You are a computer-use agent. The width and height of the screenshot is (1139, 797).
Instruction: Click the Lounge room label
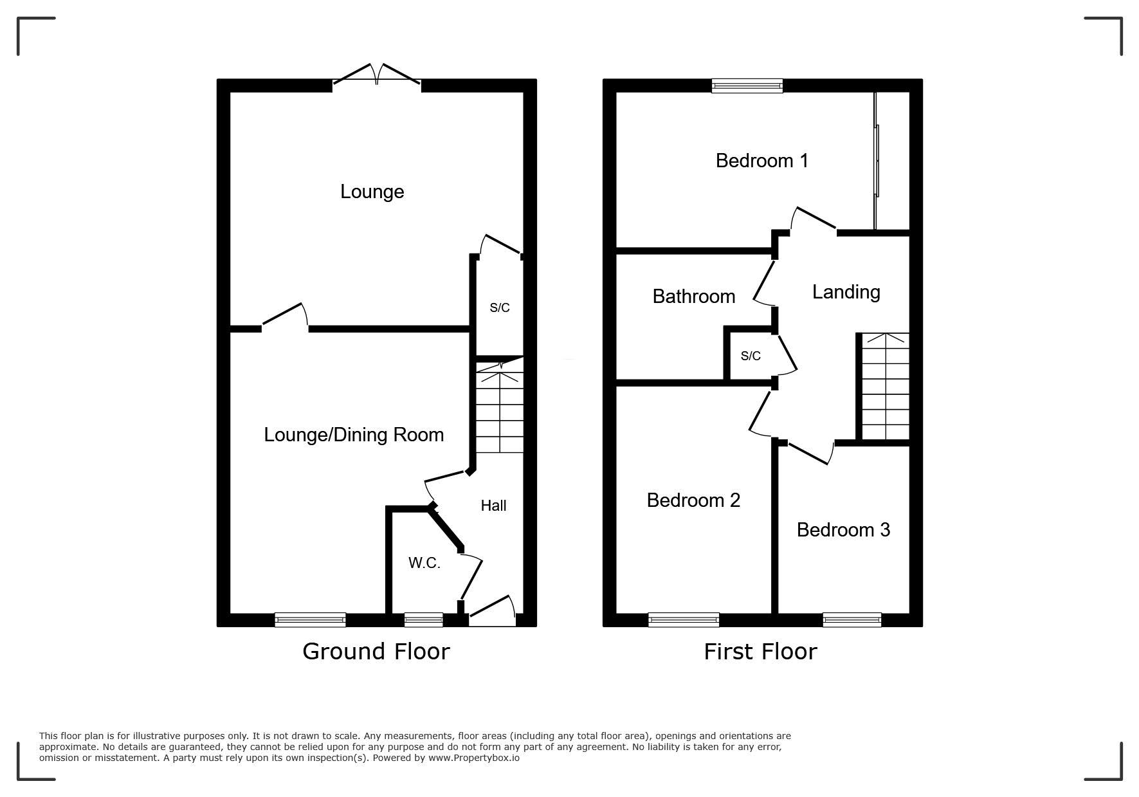click(x=372, y=192)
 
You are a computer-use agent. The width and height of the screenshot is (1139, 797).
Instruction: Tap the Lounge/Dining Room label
click(x=354, y=435)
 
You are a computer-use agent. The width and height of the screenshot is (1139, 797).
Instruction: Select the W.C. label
click(x=424, y=563)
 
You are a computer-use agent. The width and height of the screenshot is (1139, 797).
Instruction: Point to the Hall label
click(x=493, y=506)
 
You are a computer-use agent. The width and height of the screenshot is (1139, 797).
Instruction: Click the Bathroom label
click(x=693, y=297)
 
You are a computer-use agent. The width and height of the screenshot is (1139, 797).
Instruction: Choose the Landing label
click(x=846, y=292)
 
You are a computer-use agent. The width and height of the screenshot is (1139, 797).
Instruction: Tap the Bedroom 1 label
click(x=761, y=160)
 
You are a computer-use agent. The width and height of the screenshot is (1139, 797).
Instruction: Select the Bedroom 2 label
click(x=693, y=500)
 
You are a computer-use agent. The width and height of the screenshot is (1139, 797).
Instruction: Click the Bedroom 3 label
click(x=843, y=529)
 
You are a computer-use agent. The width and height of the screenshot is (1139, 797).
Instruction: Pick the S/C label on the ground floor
click(x=500, y=307)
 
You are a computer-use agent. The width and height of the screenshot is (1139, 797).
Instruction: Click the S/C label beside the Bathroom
click(x=751, y=356)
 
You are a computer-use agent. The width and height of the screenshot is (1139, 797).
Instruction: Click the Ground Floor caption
click(x=376, y=651)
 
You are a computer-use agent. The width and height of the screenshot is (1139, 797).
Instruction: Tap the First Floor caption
click(x=760, y=651)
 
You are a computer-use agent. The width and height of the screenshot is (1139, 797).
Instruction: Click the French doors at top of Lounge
click(x=377, y=76)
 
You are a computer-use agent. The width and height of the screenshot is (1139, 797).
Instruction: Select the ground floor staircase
click(x=499, y=406)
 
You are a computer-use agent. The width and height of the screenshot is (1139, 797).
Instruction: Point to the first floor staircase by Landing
click(x=885, y=386)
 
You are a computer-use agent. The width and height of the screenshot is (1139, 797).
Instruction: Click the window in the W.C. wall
click(x=423, y=619)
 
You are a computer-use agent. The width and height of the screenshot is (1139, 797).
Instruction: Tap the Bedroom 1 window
click(x=747, y=86)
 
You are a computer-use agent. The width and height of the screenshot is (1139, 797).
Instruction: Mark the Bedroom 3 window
click(x=852, y=619)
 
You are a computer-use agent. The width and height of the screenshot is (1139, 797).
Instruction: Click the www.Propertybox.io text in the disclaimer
click(x=474, y=758)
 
